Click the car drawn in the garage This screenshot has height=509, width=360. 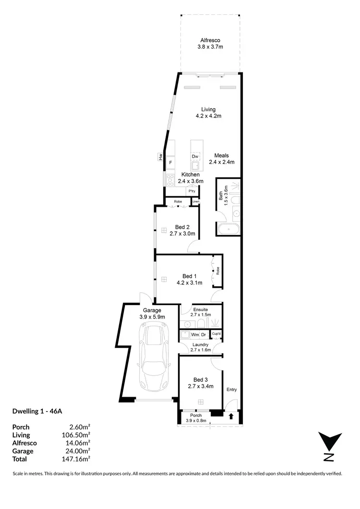(153, 357)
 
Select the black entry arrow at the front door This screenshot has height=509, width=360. (232, 416)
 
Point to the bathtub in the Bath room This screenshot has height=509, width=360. (228, 229)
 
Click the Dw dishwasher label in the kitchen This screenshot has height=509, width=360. (195, 157)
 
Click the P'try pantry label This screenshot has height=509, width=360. (192, 191)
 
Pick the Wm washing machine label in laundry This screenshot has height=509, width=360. (195, 334)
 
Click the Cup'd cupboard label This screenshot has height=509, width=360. (216, 333)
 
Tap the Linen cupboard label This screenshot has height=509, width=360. (196, 202)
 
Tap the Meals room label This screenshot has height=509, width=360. (221, 155)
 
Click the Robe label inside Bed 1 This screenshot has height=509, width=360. (217, 271)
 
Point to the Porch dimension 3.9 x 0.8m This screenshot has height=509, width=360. (196, 421)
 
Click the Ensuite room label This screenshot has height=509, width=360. (200, 309)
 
